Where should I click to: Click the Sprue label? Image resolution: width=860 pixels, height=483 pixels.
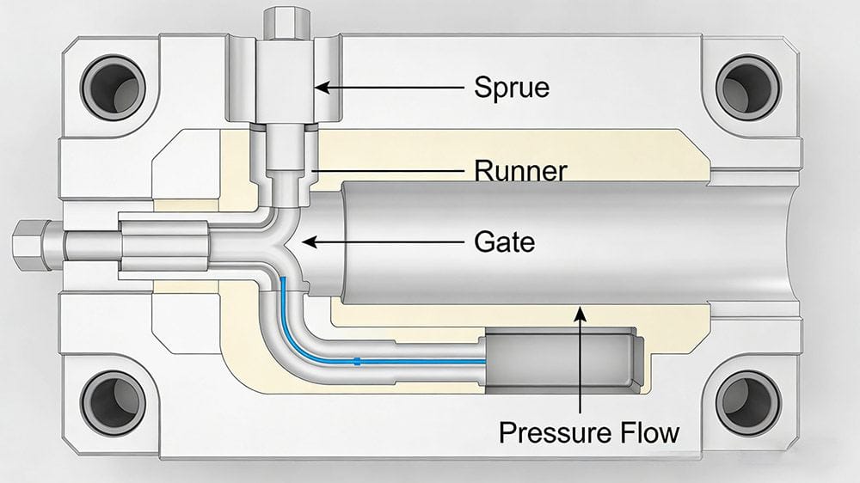click(x=511, y=87)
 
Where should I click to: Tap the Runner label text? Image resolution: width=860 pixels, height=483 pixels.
click(x=520, y=171)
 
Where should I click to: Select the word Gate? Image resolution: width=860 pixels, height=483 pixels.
click(x=504, y=242)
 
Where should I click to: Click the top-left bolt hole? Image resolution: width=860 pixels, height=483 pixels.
click(x=113, y=86)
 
